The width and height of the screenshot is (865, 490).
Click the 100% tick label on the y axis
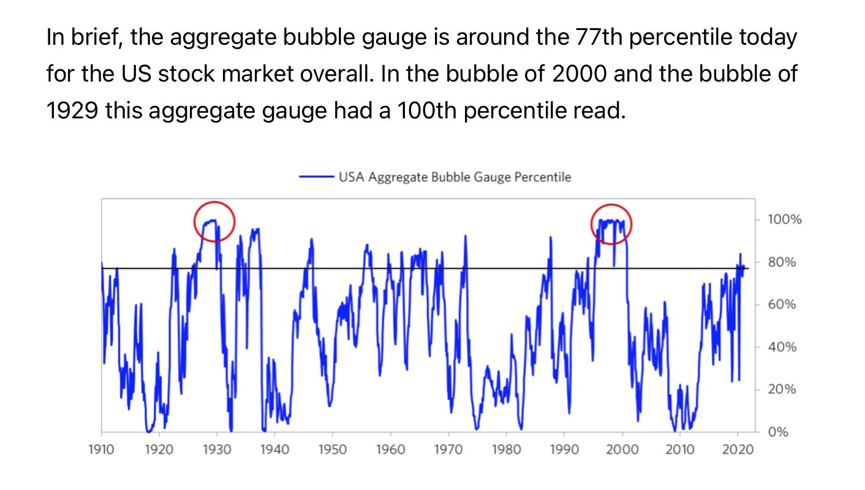pos(785,220)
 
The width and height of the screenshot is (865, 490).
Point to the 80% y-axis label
pos(782,262)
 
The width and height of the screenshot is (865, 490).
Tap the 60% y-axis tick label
pos(782,305)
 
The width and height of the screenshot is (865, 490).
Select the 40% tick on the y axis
pos(782,347)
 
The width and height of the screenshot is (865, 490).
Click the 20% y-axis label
pos(782,389)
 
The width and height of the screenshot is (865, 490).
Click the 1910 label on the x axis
pos(101,450)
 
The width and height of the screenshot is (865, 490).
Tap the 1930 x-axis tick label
pos(217,450)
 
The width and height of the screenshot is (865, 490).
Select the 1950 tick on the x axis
pos(333,450)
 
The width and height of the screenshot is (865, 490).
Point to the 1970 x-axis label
pos(448,450)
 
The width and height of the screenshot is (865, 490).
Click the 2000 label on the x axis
pos(622,450)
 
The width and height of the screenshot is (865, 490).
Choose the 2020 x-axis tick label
pos(738,450)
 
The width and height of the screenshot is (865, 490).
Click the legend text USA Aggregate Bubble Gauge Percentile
pos(455,177)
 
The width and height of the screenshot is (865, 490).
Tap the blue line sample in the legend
pos(316,177)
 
